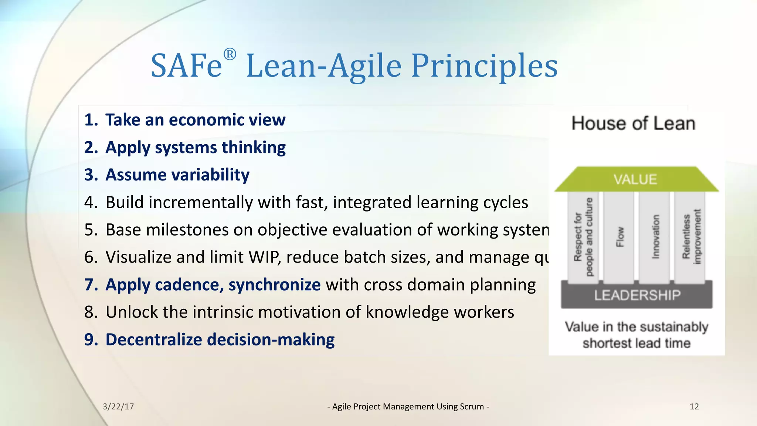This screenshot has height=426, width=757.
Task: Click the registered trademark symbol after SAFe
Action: [230, 54]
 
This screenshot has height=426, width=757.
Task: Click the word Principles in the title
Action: [484, 66]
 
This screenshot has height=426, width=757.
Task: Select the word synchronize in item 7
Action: [274, 285]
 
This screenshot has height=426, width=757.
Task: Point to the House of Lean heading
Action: [633, 124]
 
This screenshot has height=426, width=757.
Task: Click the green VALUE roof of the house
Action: [635, 179]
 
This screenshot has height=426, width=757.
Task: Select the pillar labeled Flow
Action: [619, 237]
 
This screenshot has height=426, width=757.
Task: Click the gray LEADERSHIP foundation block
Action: [637, 295]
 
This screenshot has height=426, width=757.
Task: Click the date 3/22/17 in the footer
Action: [118, 407]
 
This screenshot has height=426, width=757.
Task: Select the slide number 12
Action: [694, 407]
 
